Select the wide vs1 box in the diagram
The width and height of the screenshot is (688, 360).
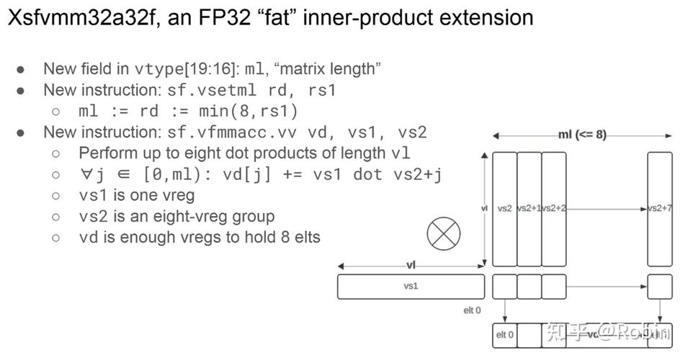pyautogui.click(x=411, y=287)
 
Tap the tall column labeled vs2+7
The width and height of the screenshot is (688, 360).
pyautogui.click(x=659, y=209)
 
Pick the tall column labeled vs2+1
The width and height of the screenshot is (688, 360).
pyautogui.click(x=529, y=209)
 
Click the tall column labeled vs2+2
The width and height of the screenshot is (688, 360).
pyautogui.click(x=553, y=209)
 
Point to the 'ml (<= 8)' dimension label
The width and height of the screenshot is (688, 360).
pyautogui.click(x=582, y=135)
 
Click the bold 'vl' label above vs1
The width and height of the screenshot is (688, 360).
pyautogui.click(x=411, y=266)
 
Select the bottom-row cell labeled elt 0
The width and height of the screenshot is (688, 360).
pyautogui.click(x=504, y=335)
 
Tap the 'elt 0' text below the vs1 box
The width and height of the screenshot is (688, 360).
pyautogui.click(x=472, y=310)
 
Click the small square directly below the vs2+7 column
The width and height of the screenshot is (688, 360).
pyautogui.click(x=659, y=287)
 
